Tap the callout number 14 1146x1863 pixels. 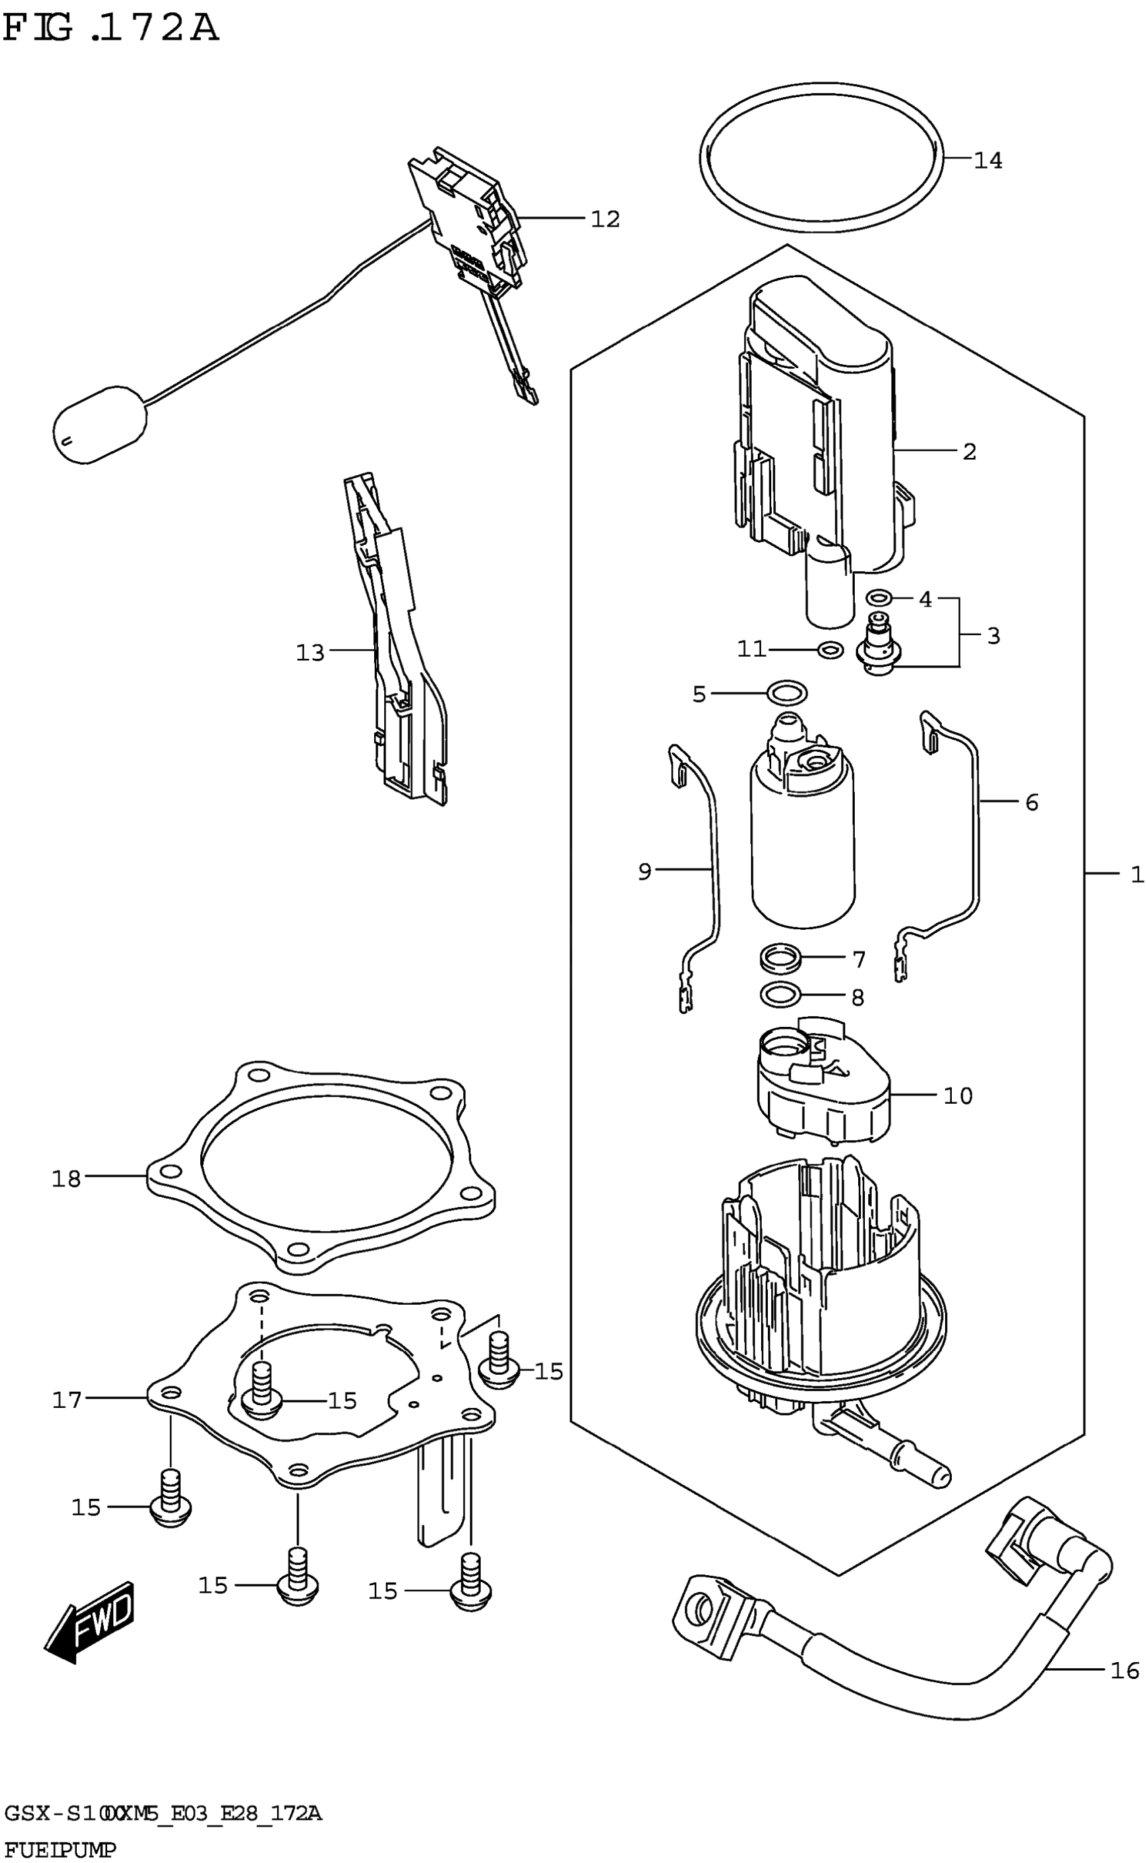coord(988,160)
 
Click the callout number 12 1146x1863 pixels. coord(605,219)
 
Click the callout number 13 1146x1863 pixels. coord(310,653)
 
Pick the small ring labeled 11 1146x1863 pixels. coord(831,649)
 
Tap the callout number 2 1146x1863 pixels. coord(969,452)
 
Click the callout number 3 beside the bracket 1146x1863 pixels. coord(993,635)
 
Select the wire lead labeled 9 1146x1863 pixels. coord(713,872)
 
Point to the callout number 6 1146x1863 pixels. coord(1031,802)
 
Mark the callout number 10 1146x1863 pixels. coord(957,1095)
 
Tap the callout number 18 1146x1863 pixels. coord(66,1179)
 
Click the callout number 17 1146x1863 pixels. coord(66,1400)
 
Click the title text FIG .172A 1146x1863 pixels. coord(111,29)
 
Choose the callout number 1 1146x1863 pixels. coord(1136,875)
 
